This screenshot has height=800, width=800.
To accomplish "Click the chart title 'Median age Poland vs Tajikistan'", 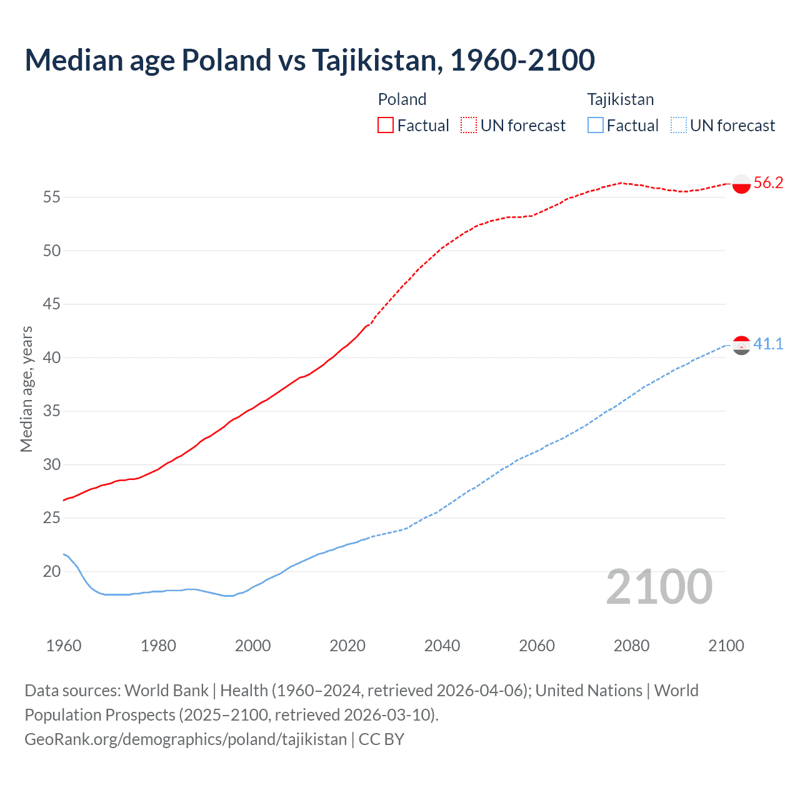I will pos(309,60).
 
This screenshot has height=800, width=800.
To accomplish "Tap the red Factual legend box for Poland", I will pos(386,126).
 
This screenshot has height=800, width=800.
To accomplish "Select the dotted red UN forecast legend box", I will pos(469,126).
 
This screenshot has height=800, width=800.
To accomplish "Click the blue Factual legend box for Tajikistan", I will pos(596,126).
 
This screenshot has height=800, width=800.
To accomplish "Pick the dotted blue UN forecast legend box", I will pos(679,126).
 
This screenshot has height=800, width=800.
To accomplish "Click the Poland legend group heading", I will pos(402,99).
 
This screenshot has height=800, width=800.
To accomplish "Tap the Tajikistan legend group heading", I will pos(620,99).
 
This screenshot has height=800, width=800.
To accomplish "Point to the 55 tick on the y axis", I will pos(52,197).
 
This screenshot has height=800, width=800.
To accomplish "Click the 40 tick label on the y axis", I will pos(52,357).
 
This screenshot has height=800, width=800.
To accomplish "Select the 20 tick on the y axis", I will pos(52,571).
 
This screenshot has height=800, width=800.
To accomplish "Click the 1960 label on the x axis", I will pos(64,646).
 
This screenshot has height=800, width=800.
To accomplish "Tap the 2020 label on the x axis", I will pos(347,646).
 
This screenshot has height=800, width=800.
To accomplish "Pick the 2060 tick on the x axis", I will pos(537,646).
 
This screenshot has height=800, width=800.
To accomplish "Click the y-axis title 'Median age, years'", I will pos(26,389).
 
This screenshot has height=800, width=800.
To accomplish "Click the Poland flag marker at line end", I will pos(741,184).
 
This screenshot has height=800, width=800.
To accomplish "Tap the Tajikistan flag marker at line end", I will pos(741,345).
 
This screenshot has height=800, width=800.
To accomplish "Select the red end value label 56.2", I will pos(768,183).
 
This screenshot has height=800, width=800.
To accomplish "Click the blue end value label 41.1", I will pos(768,344).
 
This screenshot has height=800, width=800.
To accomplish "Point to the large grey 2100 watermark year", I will pos(659,587).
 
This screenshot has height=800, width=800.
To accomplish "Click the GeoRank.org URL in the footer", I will pos(186,739).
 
